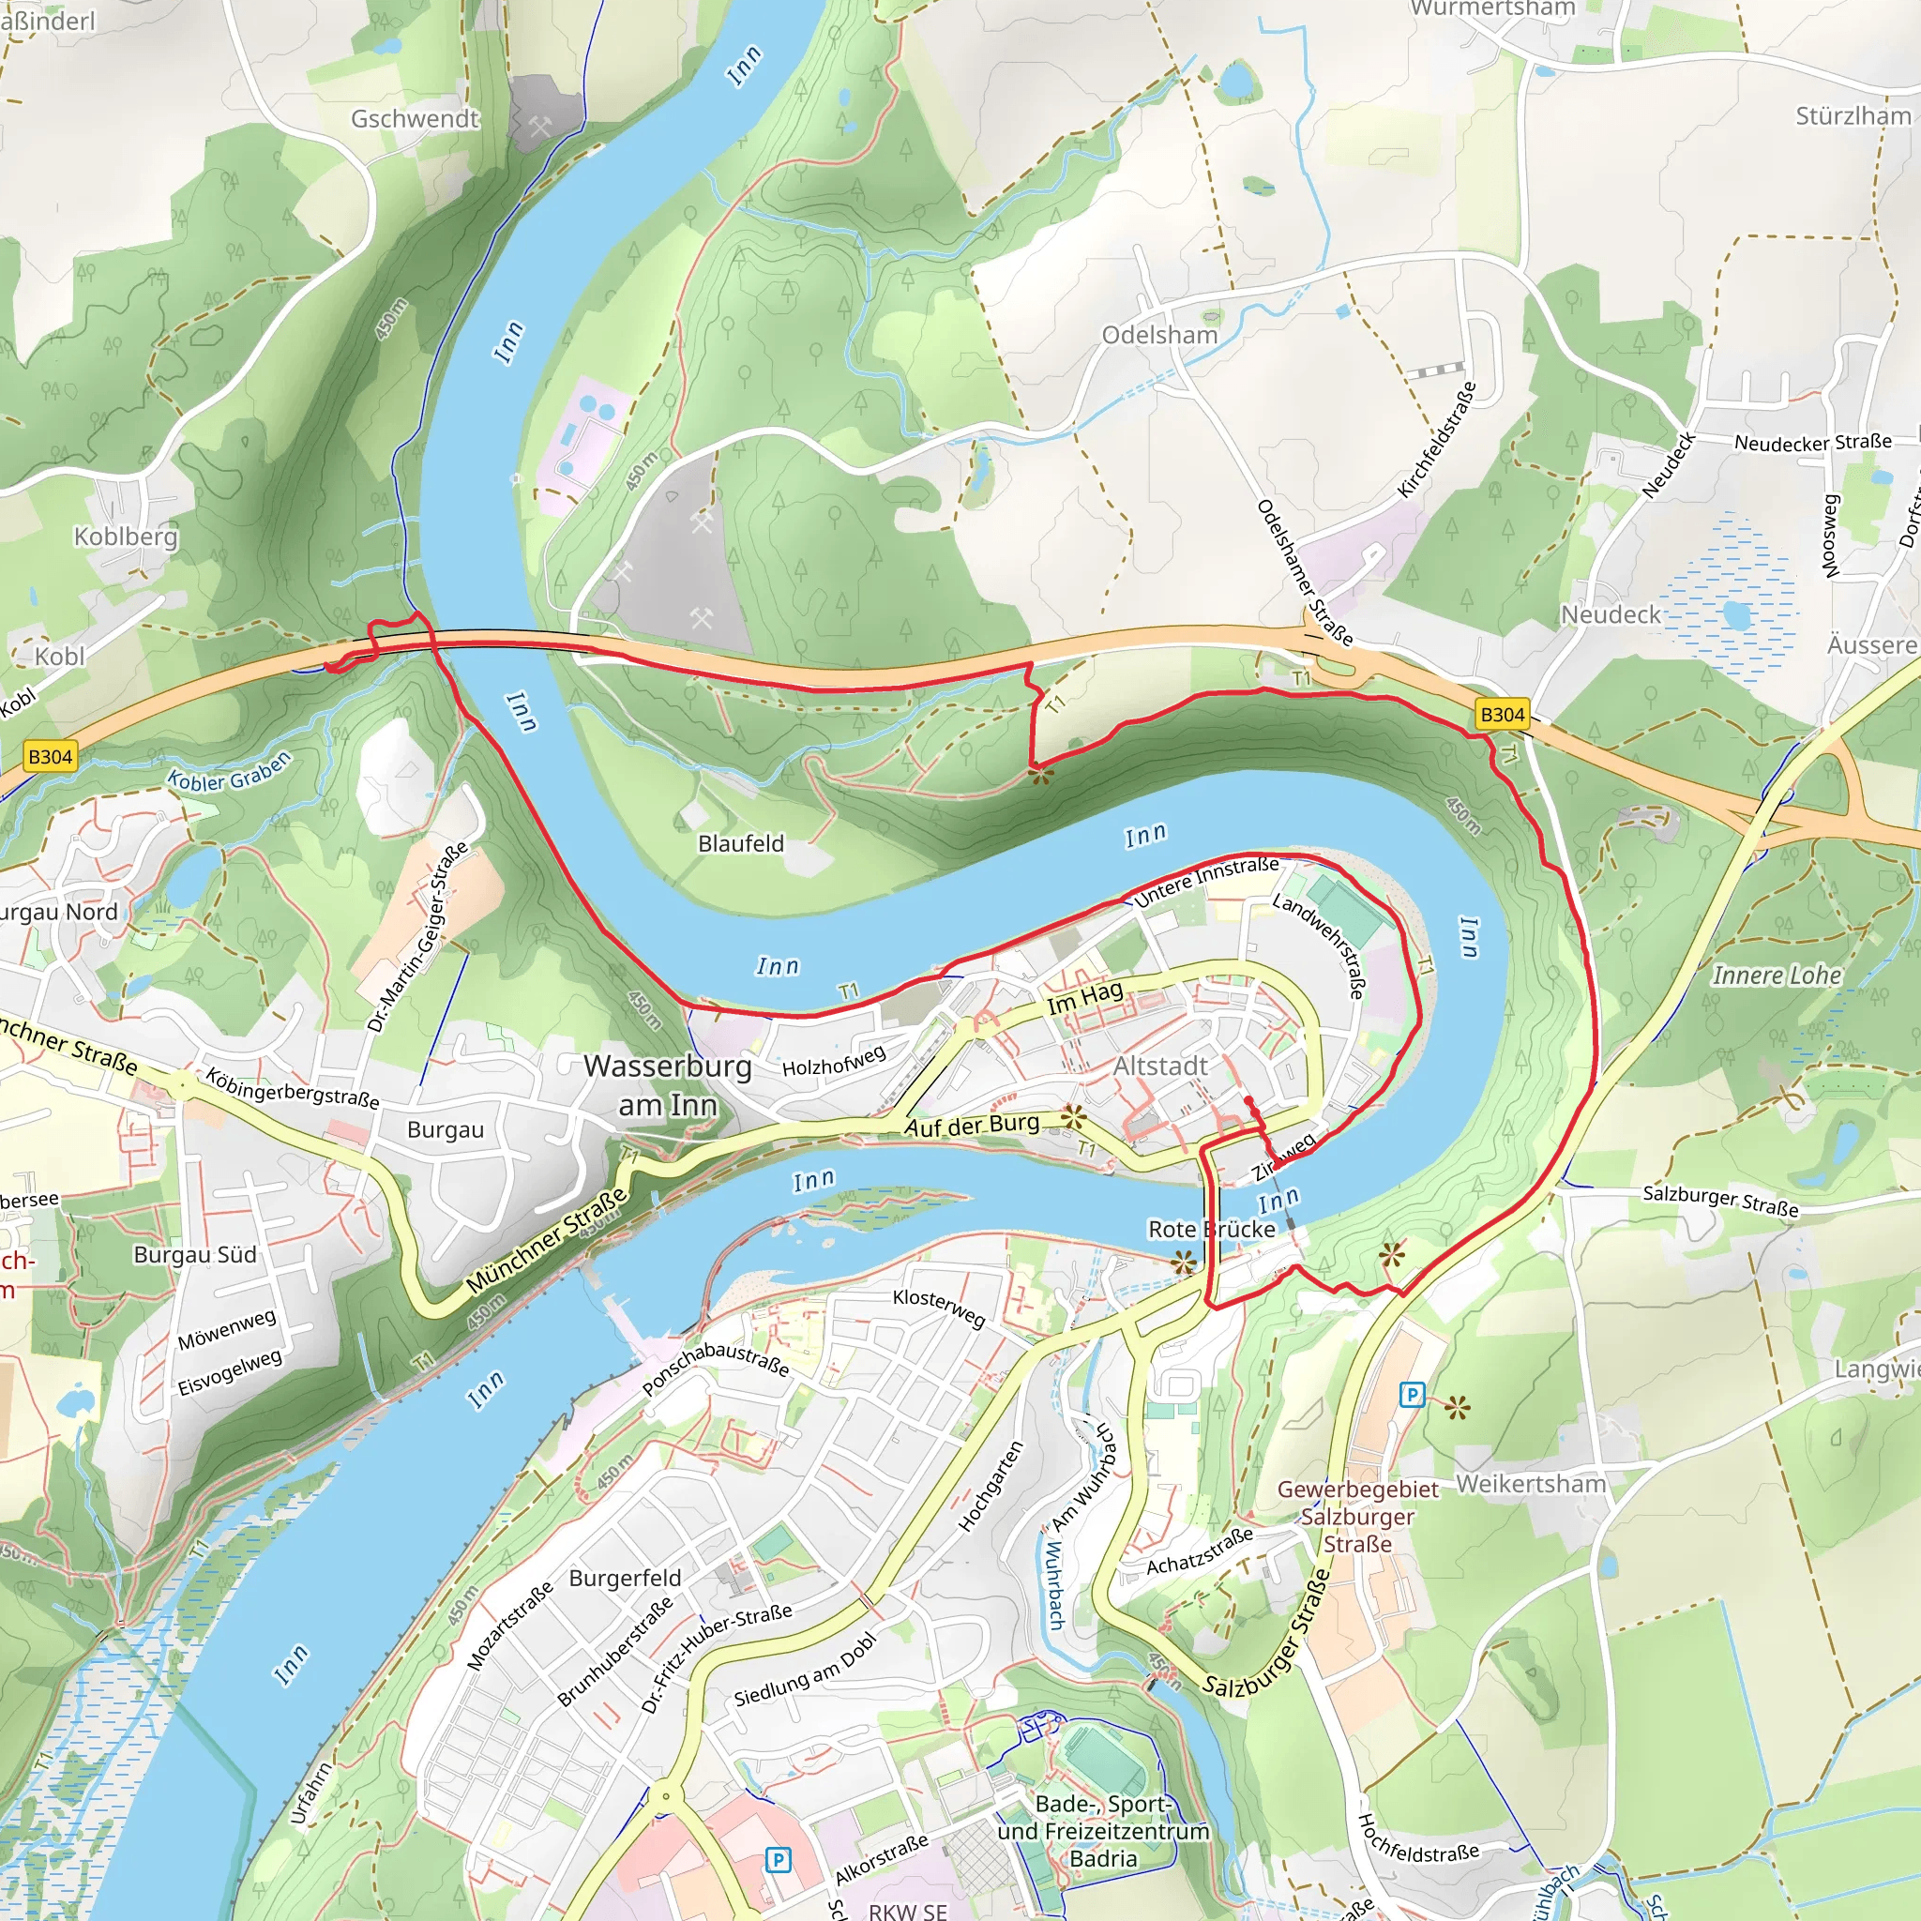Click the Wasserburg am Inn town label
tap(667, 1085)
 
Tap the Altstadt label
tap(1160, 1066)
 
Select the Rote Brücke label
tap(1211, 1229)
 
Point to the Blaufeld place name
tap(741, 843)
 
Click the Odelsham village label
tap(1159, 335)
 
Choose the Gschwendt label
tap(415, 118)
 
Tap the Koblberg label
tap(126, 536)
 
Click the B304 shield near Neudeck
tap(1502, 714)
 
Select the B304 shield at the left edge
tap(50, 757)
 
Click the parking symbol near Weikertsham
tap(1411, 1395)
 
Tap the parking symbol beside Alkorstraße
tap(779, 1859)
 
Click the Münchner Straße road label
tap(547, 1239)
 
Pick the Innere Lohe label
tap(1777, 976)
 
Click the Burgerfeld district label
tap(625, 1578)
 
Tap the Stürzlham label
tap(1853, 116)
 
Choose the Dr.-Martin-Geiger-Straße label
tap(417, 937)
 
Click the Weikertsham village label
tap(1530, 1484)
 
